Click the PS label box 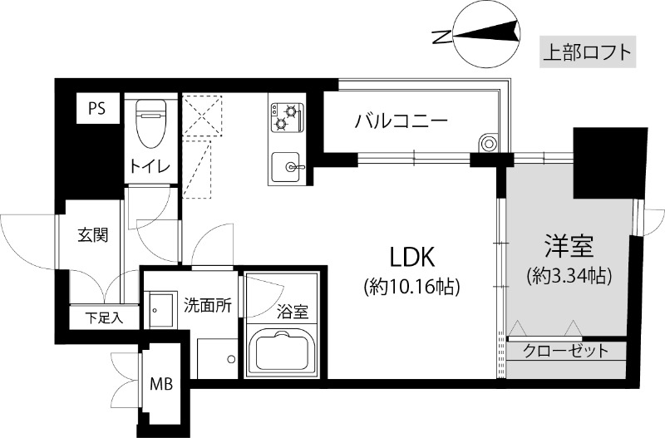(97, 109)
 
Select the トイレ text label (150, 166)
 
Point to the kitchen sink (287, 166)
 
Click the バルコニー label (401, 121)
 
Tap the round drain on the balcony (488, 143)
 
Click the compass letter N (442, 37)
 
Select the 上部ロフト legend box (588, 52)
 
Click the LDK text (412, 258)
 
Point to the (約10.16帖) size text (411, 288)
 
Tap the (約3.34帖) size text (569, 276)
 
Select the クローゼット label (566, 351)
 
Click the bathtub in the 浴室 (282, 352)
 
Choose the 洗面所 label (207, 305)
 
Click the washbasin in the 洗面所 (160, 311)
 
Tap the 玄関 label (92, 234)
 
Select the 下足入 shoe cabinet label (105, 317)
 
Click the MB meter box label (161, 384)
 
